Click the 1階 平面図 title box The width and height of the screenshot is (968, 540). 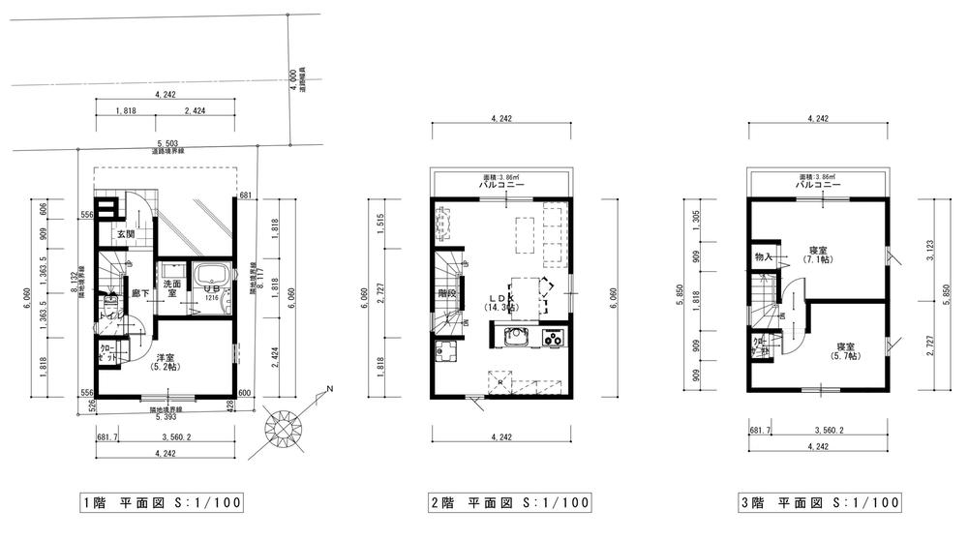[160, 502]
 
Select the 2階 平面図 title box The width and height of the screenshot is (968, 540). [508, 502]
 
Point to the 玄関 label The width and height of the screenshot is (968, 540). [126, 234]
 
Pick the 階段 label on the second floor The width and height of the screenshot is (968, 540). [446, 292]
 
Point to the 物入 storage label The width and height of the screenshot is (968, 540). [763, 256]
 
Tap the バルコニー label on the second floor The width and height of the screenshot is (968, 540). [501, 184]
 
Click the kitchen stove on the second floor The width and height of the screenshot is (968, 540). [554, 338]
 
